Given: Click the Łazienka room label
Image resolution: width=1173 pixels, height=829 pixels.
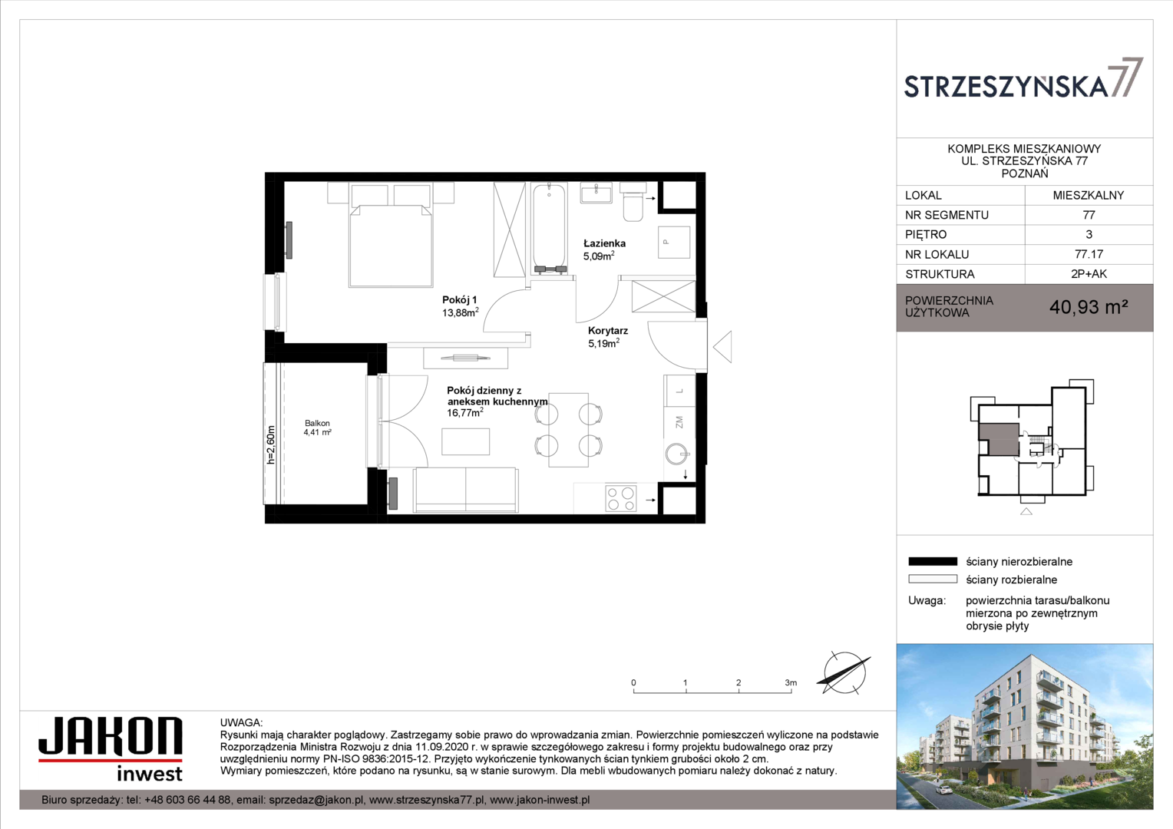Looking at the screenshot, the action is coord(604,243).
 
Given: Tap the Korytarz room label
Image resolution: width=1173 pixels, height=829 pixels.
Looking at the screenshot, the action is coord(607,331).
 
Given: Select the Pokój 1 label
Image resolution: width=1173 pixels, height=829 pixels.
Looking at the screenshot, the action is coord(459,300).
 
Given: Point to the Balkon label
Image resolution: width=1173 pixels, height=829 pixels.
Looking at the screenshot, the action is coord(317,423).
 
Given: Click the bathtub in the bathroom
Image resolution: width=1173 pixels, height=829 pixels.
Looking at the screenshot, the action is coord(550,228).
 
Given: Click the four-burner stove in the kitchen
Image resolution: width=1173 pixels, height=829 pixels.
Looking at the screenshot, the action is coord(620,498).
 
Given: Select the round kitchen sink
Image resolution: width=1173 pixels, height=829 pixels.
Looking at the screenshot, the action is coord(678,454).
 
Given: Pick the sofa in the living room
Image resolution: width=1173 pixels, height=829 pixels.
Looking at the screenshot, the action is coord(465,490).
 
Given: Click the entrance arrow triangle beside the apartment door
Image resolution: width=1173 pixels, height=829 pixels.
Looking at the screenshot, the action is coord(722,347).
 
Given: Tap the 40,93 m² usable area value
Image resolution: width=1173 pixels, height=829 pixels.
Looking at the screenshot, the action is coord(1089,307).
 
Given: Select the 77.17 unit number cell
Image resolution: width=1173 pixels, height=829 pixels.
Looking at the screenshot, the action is coord(1089,255).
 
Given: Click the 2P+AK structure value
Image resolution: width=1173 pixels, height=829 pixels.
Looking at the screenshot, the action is coord(1089,274).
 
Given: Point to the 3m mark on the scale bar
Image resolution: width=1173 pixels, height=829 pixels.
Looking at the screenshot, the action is coord(791,683).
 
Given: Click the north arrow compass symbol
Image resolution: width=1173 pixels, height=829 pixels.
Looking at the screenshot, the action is coord(844,673).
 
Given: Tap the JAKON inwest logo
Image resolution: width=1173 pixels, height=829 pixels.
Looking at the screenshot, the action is coord(111,749).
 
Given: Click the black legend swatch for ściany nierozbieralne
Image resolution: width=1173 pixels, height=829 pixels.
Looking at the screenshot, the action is coord(933,562).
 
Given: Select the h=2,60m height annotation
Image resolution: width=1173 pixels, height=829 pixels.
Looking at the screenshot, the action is coord(271,444).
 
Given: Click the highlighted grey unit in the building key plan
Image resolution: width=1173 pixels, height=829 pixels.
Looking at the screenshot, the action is coord(999,439).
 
